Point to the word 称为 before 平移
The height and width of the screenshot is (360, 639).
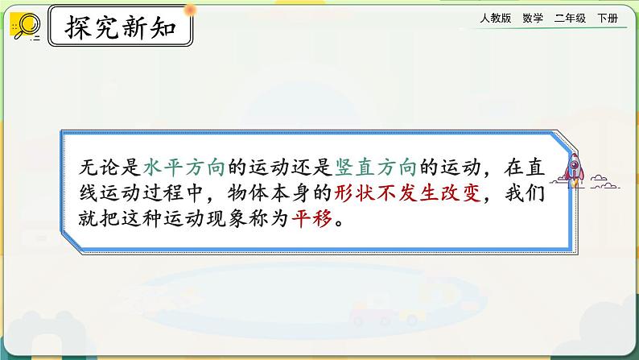[x=270, y=220]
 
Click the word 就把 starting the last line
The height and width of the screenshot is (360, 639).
[x=98, y=220]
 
